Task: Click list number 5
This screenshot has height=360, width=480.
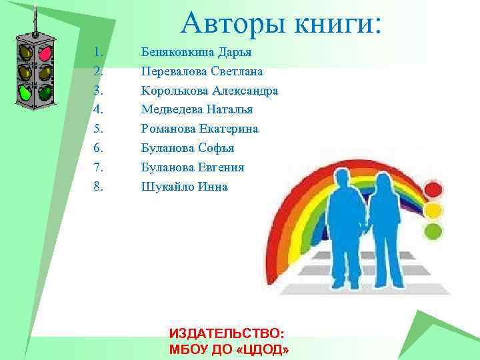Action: point(99,129)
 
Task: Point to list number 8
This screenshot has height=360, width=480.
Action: point(99,187)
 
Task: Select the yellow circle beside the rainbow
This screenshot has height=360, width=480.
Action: point(434,211)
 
